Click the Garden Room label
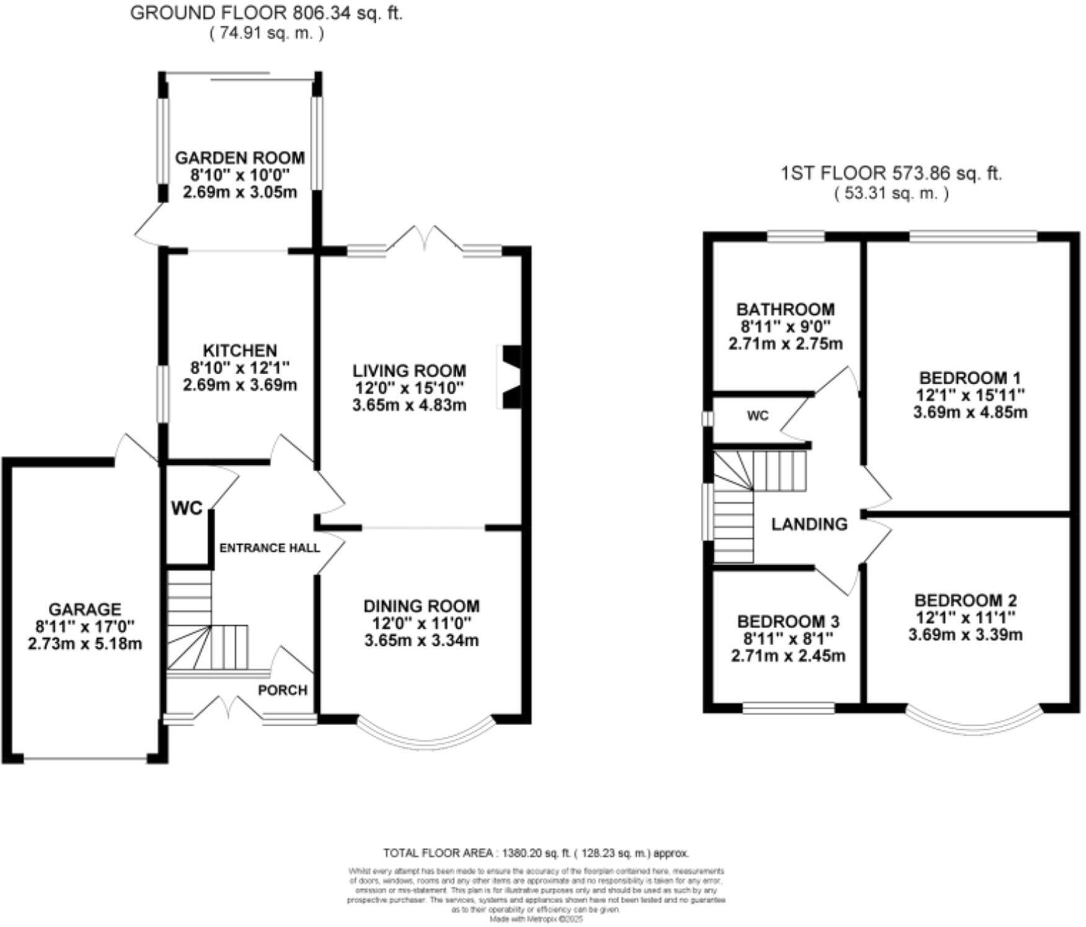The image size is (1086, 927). click(x=240, y=157)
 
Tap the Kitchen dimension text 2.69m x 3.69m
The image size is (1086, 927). click(x=240, y=385)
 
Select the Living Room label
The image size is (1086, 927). click(x=409, y=371)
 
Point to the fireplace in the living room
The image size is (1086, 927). click(x=511, y=377)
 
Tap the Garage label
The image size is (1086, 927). click(x=85, y=609)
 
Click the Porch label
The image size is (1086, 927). click(x=283, y=690)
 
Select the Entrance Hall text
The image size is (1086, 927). click(x=270, y=548)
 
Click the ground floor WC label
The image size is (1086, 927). click(x=187, y=508)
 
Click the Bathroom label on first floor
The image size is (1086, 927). click(x=785, y=309)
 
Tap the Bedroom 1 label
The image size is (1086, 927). click(x=970, y=377)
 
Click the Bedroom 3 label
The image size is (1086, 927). click(x=788, y=621)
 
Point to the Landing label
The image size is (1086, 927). click(x=809, y=524)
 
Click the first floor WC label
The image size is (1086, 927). click(x=757, y=416)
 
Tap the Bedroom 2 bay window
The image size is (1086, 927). click(x=980, y=723)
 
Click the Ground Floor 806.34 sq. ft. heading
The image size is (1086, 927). click(x=266, y=13)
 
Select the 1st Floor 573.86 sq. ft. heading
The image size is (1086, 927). click(x=891, y=173)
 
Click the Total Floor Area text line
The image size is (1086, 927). click(x=536, y=853)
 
